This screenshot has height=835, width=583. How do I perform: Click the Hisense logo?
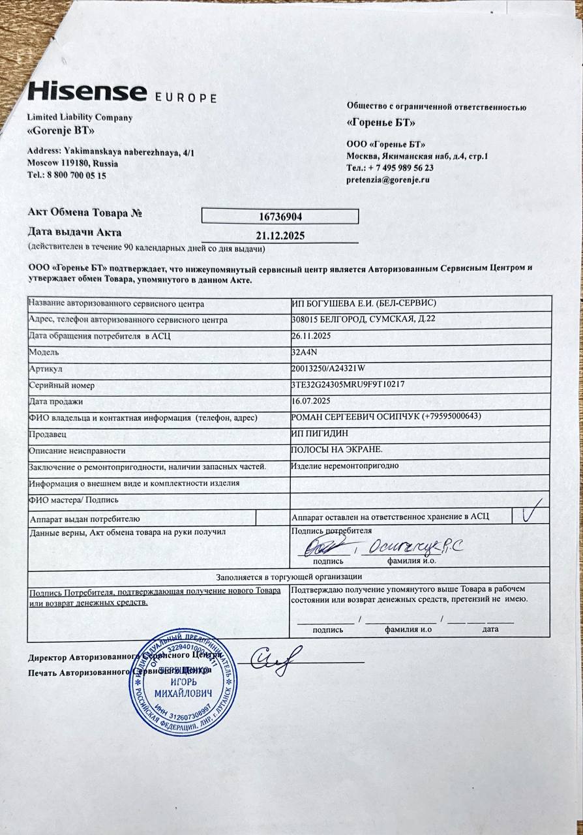point(87,91)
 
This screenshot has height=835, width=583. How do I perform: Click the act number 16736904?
point(280,217)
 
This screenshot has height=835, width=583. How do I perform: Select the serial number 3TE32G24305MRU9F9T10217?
point(348,384)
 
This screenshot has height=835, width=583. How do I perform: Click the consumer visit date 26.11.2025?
point(312,336)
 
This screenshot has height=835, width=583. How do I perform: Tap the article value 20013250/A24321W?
point(328,369)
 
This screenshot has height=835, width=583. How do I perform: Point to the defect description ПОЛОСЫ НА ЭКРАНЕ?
point(336,450)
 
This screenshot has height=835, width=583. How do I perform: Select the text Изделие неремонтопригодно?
point(344,466)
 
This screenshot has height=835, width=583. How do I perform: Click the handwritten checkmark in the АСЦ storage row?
point(532,513)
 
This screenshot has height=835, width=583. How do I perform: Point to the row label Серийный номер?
point(57,385)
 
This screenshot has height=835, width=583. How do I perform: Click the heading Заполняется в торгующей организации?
point(289,577)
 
